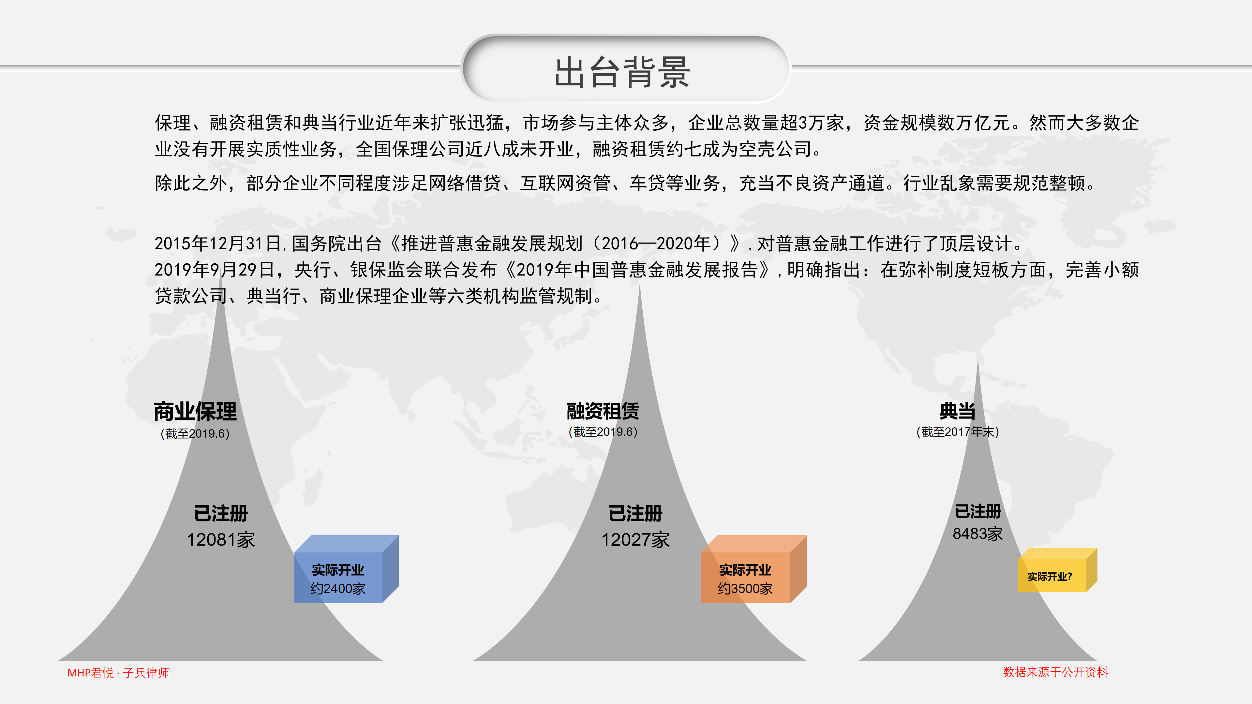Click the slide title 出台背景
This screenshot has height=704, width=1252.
622,72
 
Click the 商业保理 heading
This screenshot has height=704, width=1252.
195,412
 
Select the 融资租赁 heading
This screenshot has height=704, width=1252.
603,411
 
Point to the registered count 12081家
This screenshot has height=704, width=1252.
221,540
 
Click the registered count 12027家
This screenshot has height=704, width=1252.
635,540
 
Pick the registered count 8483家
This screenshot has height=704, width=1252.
977,534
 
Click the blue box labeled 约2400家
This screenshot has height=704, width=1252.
346,569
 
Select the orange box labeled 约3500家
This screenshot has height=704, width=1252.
753,569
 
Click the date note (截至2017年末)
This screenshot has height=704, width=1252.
958,432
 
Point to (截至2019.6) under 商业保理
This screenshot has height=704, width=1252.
195,433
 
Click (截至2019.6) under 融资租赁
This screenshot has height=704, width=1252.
603,432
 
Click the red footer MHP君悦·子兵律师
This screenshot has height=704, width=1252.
118,673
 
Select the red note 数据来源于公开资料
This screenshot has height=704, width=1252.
1055,672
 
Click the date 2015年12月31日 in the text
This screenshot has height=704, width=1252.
218,243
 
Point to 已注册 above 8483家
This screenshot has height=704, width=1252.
977,512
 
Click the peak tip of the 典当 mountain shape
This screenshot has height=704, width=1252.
977,358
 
